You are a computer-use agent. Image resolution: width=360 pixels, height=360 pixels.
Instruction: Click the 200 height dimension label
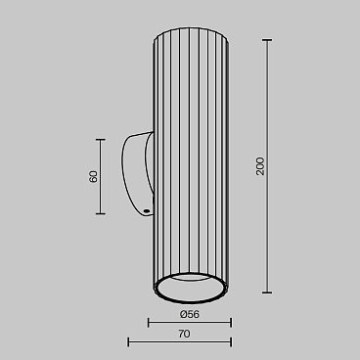click(x=260, y=166)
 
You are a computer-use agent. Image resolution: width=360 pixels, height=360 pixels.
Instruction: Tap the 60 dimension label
click(x=93, y=176)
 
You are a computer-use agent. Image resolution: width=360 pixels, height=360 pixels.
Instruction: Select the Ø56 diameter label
click(x=190, y=314)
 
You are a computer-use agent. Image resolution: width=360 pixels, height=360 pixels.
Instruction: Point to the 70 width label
click(x=184, y=334)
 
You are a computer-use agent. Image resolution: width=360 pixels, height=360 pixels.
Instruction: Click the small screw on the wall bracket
click(x=147, y=211)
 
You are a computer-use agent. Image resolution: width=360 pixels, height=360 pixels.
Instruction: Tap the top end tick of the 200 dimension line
click(x=267, y=40)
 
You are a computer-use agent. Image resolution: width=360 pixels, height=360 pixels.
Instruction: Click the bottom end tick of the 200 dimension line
click(x=267, y=292)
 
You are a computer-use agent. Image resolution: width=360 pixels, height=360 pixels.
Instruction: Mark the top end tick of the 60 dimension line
click(x=101, y=140)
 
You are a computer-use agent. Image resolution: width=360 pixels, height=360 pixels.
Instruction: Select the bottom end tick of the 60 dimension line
click(x=101, y=214)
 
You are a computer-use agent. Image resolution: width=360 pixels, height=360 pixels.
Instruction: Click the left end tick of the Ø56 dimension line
click(x=149, y=323)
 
